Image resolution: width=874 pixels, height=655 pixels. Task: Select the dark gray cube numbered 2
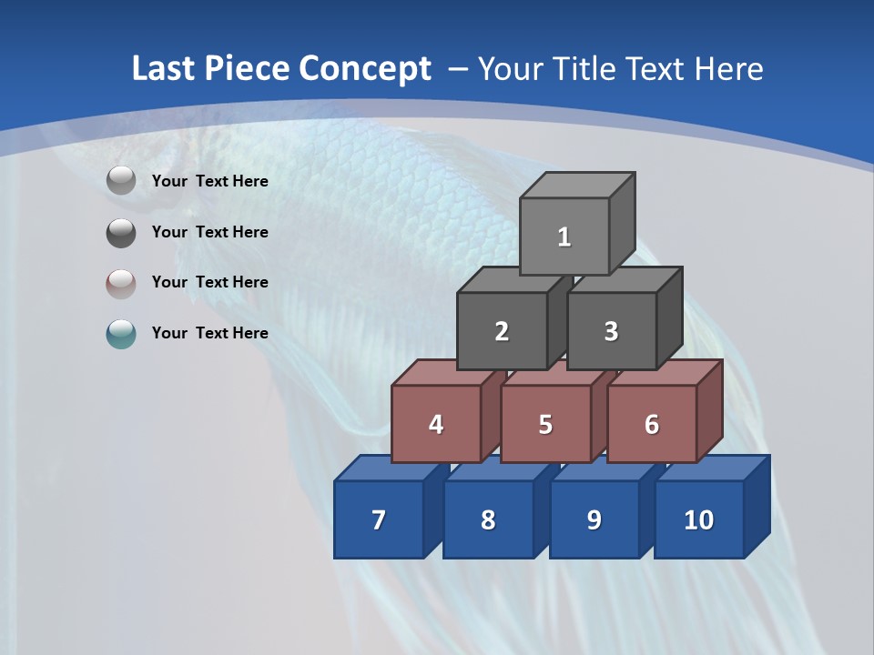tap(502, 331)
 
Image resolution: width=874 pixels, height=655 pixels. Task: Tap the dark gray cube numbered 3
tap(611, 331)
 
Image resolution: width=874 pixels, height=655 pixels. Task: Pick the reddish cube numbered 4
tap(436, 424)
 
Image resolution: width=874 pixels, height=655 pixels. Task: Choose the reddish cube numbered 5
tap(545, 424)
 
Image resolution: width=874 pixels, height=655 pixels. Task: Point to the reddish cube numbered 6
tap(652, 424)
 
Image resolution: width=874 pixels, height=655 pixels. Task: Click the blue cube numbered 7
tap(379, 519)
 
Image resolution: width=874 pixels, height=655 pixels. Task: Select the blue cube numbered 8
tap(488, 519)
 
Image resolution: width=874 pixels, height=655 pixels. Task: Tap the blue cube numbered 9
tap(594, 519)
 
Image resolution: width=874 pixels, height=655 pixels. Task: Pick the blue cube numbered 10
tap(698, 519)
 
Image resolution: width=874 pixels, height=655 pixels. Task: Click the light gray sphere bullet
tap(121, 181)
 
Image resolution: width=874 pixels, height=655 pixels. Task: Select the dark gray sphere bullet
tap(121, 232)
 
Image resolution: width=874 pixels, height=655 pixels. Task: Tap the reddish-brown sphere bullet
tap(121, 283)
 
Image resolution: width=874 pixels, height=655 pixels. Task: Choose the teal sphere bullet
tap(121, 333)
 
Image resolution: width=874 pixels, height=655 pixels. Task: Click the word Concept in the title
tap(365, 69)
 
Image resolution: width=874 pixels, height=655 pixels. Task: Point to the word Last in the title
tap(165, 69)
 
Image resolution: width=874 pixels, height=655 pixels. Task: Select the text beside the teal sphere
tap(210, 333)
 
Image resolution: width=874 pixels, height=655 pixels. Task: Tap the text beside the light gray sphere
tap(210, 181)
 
